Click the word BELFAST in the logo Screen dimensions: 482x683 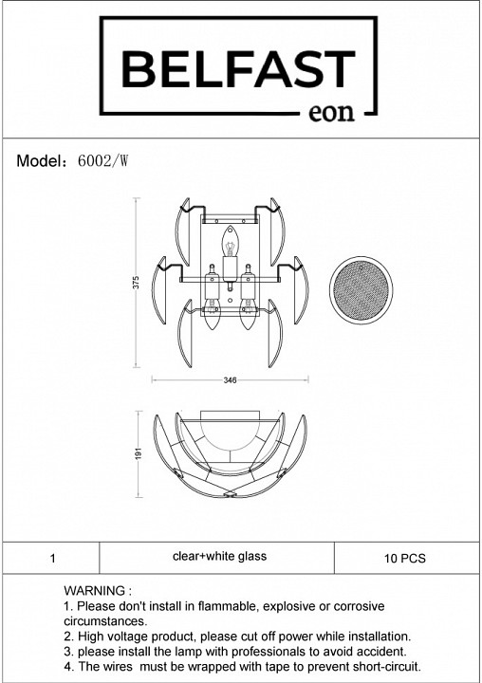(238, 69)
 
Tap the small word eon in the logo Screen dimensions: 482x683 (331, 112)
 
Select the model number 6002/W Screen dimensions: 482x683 (102, 161)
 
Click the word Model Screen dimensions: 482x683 (39, 161)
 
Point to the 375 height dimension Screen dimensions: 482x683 (136, 283)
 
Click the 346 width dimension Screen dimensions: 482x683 (230, 380)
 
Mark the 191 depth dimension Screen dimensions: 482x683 (139, 453)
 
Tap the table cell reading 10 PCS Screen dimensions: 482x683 (405, 559)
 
